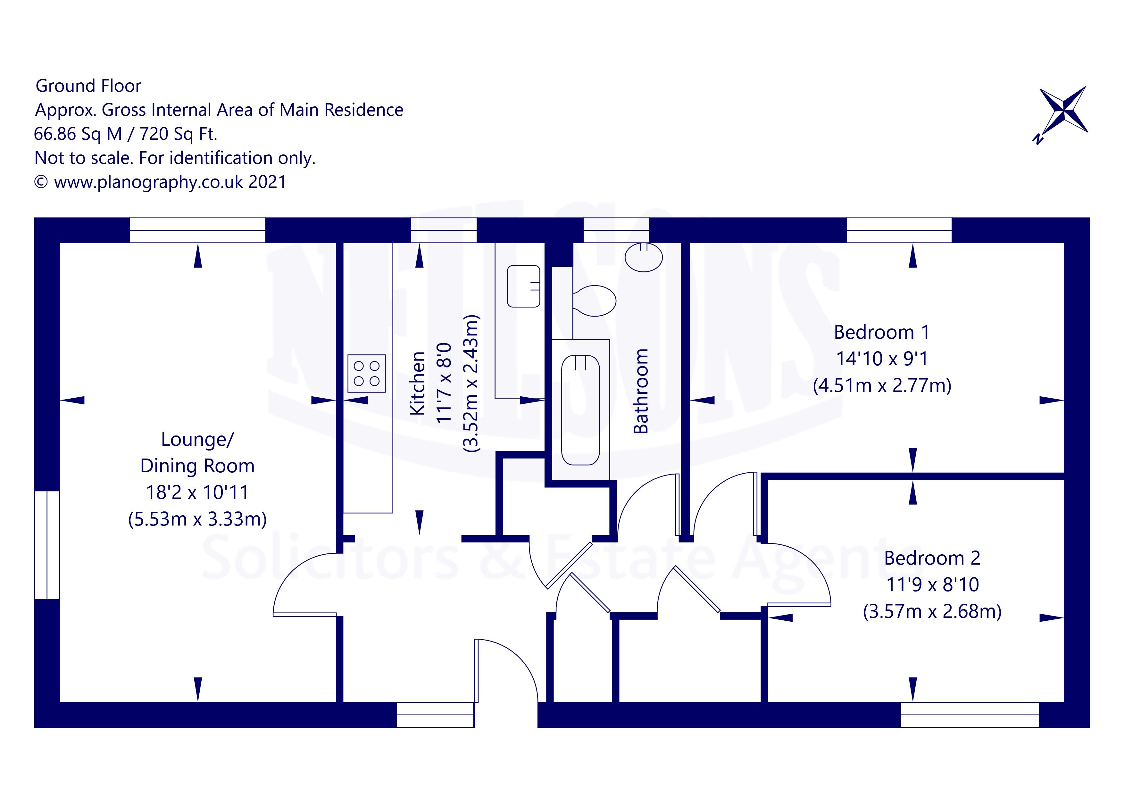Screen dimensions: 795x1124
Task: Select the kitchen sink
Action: (x=523, y=286)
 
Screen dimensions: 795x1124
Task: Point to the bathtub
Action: (x=581, y=410)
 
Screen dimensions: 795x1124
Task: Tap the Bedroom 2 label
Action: (x=932, y=558)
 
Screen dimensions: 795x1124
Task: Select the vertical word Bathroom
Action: (x=640, y=391)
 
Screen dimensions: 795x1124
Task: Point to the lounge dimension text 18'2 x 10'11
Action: (x=197, y=492)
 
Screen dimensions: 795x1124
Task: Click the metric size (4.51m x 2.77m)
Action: (x=882, y=386)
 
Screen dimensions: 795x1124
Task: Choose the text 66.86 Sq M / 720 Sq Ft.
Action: (x=125, y=134)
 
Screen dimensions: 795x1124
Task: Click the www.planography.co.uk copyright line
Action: (x=160, y=182)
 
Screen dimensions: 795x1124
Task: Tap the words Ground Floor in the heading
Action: (x=88, y=86)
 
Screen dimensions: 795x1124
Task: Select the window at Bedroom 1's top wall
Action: (x=899, y=230)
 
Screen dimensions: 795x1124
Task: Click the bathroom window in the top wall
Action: (x=616, y=230)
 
